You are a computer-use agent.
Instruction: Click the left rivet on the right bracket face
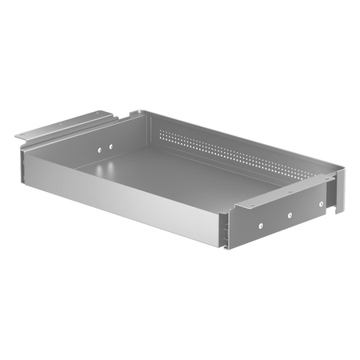pos(261,226)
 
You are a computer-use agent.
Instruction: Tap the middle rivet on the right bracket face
pos(289,214)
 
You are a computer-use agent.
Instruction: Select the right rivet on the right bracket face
pos(322,204)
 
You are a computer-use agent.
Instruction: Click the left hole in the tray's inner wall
pos(98,149)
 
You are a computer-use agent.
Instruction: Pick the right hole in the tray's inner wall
pos(110,144)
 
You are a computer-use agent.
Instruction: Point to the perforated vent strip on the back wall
pos(232,151)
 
